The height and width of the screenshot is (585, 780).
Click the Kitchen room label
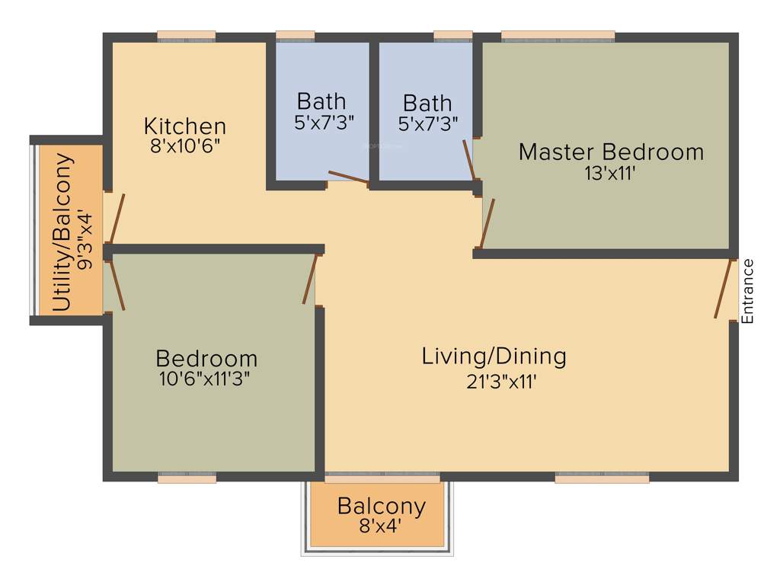(x=185, y=126)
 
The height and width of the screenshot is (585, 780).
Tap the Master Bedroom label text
(x=611, y=152)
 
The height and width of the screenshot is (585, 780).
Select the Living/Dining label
(x=494, y=356)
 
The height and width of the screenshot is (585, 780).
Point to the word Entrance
(x=747, y=292)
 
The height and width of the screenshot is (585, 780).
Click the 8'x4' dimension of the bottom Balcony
(x=381, y=525)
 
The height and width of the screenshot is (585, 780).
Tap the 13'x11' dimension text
(x=610, y=173)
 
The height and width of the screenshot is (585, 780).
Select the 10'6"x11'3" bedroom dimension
(x=205, y=379)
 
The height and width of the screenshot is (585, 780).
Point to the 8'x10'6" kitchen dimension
(x=185, y=145)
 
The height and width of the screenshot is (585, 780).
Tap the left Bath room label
(x=321, y=101)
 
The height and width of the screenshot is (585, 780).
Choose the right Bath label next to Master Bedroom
(x=427, y=102)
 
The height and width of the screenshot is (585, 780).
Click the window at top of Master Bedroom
(x=558, y=35)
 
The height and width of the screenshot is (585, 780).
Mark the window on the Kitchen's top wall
(x=186, y=35)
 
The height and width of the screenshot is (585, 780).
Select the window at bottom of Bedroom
(x=187, y=478)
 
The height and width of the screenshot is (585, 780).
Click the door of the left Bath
(x=347, y=178)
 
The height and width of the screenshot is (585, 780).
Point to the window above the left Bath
(x=295, y=35)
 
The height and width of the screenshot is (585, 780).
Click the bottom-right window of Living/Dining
(x=602, y=478)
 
